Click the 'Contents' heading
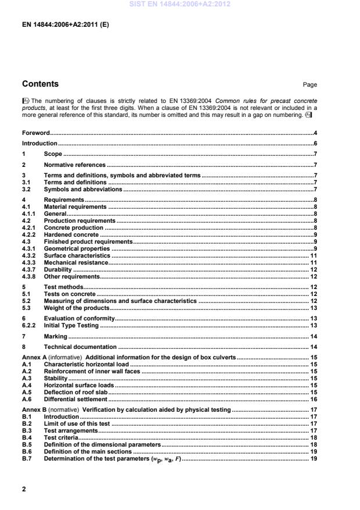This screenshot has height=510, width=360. point(40,84)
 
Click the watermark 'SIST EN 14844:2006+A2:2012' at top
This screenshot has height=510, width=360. point(180,4)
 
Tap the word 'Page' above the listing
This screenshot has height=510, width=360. point(310,85)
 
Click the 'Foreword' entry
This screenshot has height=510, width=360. point(36,133)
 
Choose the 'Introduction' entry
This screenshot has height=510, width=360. point(40,143)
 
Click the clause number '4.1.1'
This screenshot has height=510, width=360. point(30,213)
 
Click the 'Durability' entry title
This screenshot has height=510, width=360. point(59,269)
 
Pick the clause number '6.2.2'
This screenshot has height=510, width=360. point(30,326)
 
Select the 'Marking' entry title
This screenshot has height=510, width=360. point(56,337)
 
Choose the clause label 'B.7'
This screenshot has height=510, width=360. point(27,459)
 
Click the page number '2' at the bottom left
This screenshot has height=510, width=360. point(24,489)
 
